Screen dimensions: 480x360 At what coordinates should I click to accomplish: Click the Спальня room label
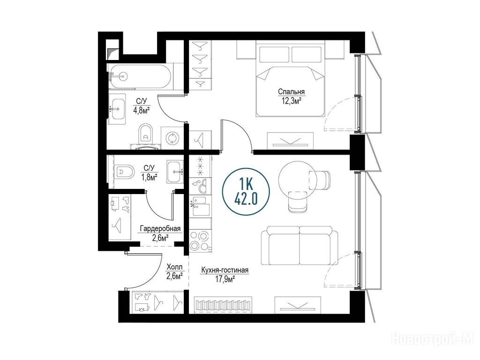point(291,92)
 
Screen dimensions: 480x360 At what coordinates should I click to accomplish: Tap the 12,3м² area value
point(291,100)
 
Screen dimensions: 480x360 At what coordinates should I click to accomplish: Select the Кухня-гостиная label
point(225,270)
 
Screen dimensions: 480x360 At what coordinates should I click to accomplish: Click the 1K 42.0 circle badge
point(246,192)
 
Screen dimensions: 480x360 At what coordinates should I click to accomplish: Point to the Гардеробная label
point(160,229)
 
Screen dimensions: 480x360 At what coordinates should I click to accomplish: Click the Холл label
point(174,267)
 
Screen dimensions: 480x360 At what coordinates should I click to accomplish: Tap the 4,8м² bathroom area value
point(142,110)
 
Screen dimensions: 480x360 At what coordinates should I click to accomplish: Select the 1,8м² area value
point(150,177)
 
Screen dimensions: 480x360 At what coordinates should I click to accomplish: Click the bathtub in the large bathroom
point(140,76)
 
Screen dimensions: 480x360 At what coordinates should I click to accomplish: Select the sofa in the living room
point(300,246)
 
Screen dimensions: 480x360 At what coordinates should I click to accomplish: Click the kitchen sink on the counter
point(200,205)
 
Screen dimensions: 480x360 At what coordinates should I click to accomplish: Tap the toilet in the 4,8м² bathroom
point(145,134)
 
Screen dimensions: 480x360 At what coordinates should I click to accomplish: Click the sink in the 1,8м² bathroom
point(175,172)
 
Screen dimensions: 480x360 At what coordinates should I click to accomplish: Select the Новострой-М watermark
point(433,337)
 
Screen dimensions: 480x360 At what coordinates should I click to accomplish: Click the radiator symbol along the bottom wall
point(223,305)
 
